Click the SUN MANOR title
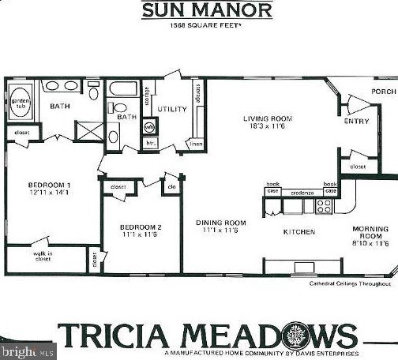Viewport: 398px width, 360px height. tap(207, 10)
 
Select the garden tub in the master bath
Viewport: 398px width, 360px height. tap(21, 103)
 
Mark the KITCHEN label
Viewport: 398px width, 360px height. tap(299, 232)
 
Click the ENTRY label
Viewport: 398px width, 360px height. tap(352, 122)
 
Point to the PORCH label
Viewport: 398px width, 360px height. tap(384, 92)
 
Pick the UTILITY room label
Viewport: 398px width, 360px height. tap(171, 108)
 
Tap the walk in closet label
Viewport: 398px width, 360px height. tap(43, 256)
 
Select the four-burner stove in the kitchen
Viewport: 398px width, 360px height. tap(324, 206)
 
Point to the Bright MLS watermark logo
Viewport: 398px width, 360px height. tap(28, 348)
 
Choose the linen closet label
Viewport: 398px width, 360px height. tap(197, 144)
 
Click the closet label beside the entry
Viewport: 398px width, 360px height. tap(358, 167)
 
